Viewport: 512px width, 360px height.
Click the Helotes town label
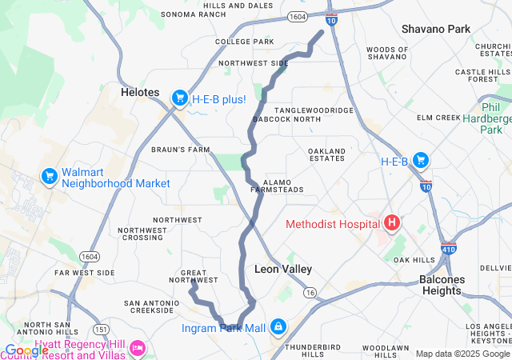coord(140,92)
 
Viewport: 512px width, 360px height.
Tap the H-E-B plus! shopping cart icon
coord(179,98)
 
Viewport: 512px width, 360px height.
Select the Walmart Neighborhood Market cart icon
coord(49,174)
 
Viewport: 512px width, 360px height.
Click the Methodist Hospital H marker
coord(393,223)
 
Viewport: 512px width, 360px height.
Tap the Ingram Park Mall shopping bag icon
coord(278,327)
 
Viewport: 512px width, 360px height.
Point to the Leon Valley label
coord(282,269)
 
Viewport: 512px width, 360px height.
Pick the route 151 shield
coord(101,329)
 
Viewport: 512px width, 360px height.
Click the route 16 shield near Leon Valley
coord(310,293)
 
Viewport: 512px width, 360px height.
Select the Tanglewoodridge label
coord(314,110)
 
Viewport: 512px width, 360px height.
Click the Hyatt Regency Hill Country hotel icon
coord(138,348)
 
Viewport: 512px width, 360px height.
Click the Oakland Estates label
coord(327,154)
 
